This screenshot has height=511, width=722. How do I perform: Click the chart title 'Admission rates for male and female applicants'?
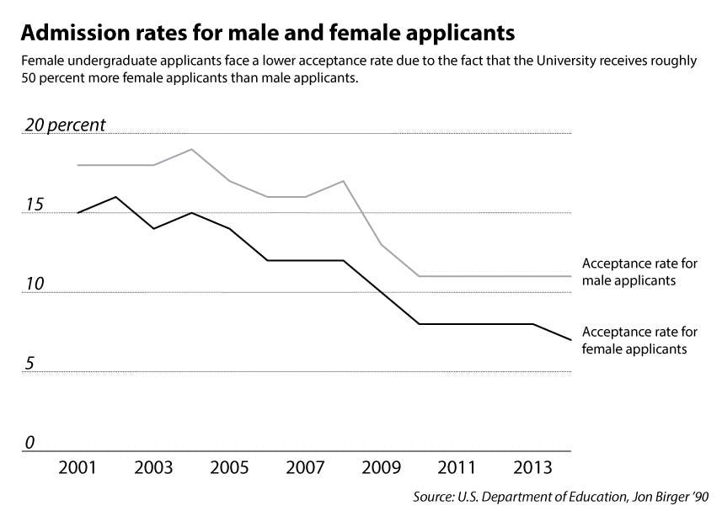pos(267,34)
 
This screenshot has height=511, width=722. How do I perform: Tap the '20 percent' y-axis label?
pos(65,125)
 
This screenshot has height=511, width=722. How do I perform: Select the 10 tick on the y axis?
pos(34,285)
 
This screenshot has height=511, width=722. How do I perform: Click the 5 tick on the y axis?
pos(29,364)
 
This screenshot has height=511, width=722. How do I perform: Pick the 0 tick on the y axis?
pos(29,443)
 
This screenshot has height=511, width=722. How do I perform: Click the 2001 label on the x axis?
pos(78,468)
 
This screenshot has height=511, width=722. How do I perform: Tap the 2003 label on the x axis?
pos(153,468)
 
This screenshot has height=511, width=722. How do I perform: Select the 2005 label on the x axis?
pos(229,468)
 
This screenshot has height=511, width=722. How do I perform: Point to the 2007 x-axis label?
pos(305,468)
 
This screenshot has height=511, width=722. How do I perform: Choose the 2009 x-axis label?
pos(382,468)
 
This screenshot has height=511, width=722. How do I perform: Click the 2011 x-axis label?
pos(457,468)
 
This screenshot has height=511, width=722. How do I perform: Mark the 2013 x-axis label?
pos(533,468)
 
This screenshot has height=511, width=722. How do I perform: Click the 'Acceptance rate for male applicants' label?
pos(639,271)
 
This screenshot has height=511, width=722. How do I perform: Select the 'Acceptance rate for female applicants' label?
pos(639,340)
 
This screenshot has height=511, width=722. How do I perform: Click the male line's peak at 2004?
pos(192,149)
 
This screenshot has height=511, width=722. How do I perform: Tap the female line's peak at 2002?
pos(115,197)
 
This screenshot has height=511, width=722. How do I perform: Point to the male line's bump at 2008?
pos(344,181)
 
